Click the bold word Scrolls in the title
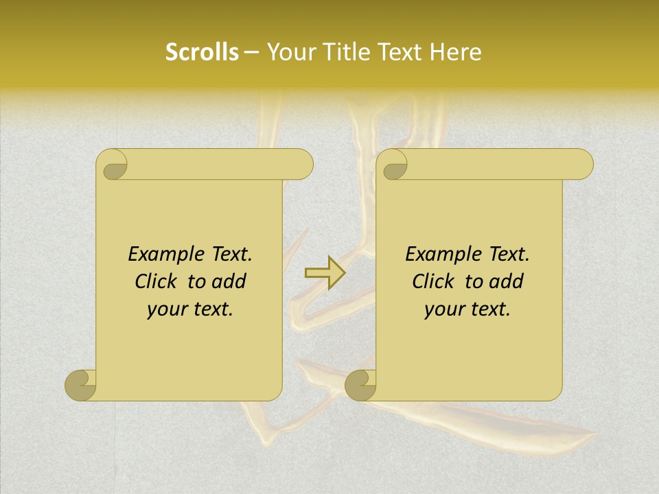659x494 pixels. pos(202,52)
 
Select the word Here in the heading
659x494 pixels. pos(455,52)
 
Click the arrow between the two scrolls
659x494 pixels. pos(325,272)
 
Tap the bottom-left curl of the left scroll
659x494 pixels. pos(81,385)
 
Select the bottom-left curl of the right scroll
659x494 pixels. pos(361,385)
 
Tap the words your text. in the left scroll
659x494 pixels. pos(190,309)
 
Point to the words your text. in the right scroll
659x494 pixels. pos(467,309)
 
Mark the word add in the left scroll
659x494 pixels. pos(230,281)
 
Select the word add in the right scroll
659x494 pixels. pos(507,281)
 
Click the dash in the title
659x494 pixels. pos(251,53)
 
